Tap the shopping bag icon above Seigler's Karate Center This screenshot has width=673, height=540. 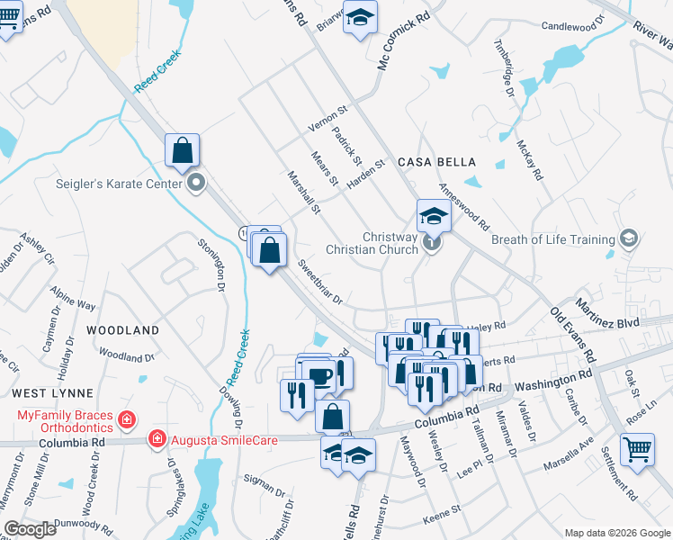click(x=182, y=151)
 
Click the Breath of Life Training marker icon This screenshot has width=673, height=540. click(x=628, y=238)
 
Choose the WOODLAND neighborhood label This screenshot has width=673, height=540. click(x=122, y=330)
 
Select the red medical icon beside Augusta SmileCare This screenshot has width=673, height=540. click(x=157, y=438)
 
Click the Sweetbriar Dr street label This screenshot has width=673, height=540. click(x=321, y=283)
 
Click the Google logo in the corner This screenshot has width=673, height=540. click(x=31, y=529)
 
